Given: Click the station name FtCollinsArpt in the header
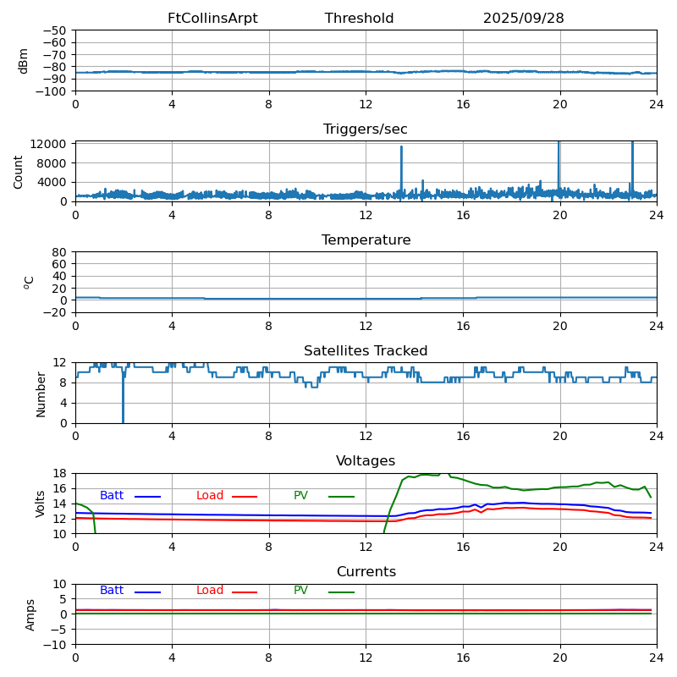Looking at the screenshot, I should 212,19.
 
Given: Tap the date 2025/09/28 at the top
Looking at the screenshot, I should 523,19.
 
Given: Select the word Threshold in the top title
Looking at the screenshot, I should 359,19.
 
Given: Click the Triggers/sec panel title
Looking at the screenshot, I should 366,129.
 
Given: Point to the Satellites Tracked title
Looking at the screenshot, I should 366,351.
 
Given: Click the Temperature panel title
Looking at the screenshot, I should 366,240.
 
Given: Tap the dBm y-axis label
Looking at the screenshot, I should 24,60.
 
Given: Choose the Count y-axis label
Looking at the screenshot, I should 19,171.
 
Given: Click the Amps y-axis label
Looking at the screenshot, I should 30,614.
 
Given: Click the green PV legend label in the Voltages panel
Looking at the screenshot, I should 300,496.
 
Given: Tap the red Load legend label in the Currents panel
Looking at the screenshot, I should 210,591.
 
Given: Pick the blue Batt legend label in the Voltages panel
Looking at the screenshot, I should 112,496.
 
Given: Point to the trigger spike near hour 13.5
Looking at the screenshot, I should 401,161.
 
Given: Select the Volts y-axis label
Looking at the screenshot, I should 41,504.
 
